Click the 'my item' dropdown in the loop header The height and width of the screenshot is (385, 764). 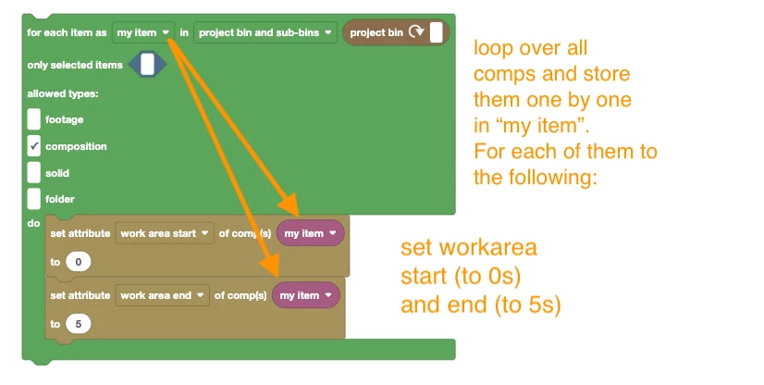coord(143,32)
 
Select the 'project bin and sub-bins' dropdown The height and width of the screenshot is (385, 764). coord(265,32)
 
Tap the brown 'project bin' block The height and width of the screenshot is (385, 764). coord(396,32)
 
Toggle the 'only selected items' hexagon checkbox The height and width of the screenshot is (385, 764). coord(147,65)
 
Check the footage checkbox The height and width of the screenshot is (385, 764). coord(33,119)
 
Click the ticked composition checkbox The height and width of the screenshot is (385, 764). coord(33,146)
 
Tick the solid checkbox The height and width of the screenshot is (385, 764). coord(33,172)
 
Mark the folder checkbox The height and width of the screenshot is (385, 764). coord(33,199)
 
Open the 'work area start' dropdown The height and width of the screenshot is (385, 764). coord(165,233)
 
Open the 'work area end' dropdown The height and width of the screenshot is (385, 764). coord(162,295)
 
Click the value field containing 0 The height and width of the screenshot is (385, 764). coord(78,262)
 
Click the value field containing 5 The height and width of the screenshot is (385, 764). coord(78,324)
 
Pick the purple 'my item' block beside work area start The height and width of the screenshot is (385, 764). coord(311,233)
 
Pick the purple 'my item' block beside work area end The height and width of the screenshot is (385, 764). coord(305,295)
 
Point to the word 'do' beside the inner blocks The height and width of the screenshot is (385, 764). coord(33,223)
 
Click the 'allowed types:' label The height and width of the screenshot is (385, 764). coord(63,93)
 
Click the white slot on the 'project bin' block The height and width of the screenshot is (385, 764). coord(436,32)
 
